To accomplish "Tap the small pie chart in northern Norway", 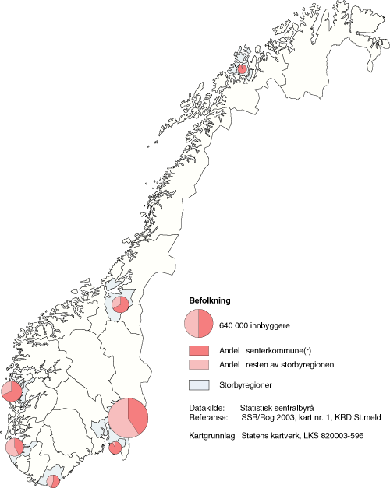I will click(x=242, y=69).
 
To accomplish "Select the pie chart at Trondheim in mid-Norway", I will click(x=120, y=304).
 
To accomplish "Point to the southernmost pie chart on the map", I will click(x=53, y=481).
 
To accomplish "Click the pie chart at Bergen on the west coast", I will click(x=12, y=391).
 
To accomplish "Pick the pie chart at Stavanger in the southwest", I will click(x=15, y=447).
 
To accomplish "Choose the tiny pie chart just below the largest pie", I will click(x=116, y=448).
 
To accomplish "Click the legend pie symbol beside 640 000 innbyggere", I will click(x=199, y=324).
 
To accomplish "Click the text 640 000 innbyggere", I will click(x=253, y=325).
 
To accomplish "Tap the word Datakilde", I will click(x=207, y=407).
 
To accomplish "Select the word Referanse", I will click(x=208, y=417).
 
